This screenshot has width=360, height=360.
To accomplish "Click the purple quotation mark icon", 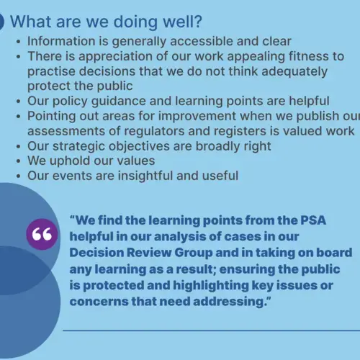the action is coord(42,234).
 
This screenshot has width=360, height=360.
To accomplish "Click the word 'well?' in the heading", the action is coord(182,22).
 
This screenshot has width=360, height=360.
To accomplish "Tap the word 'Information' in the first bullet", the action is coord(61,41).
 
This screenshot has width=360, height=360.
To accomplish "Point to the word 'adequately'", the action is coord(294,72).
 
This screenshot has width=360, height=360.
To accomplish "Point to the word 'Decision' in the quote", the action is coord(96,253).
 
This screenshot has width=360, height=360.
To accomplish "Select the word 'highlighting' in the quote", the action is coord(211,286).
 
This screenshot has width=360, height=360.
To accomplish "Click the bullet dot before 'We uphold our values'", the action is coord(19,161).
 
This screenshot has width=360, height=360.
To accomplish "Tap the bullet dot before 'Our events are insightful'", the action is coord(19,176).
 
